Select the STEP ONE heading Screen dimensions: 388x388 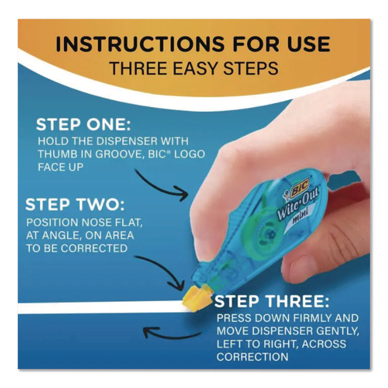coord(84,125)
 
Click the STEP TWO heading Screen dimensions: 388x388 coord(75,204)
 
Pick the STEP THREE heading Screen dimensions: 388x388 coord(272,301)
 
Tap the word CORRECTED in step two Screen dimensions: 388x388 coord(94,248)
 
